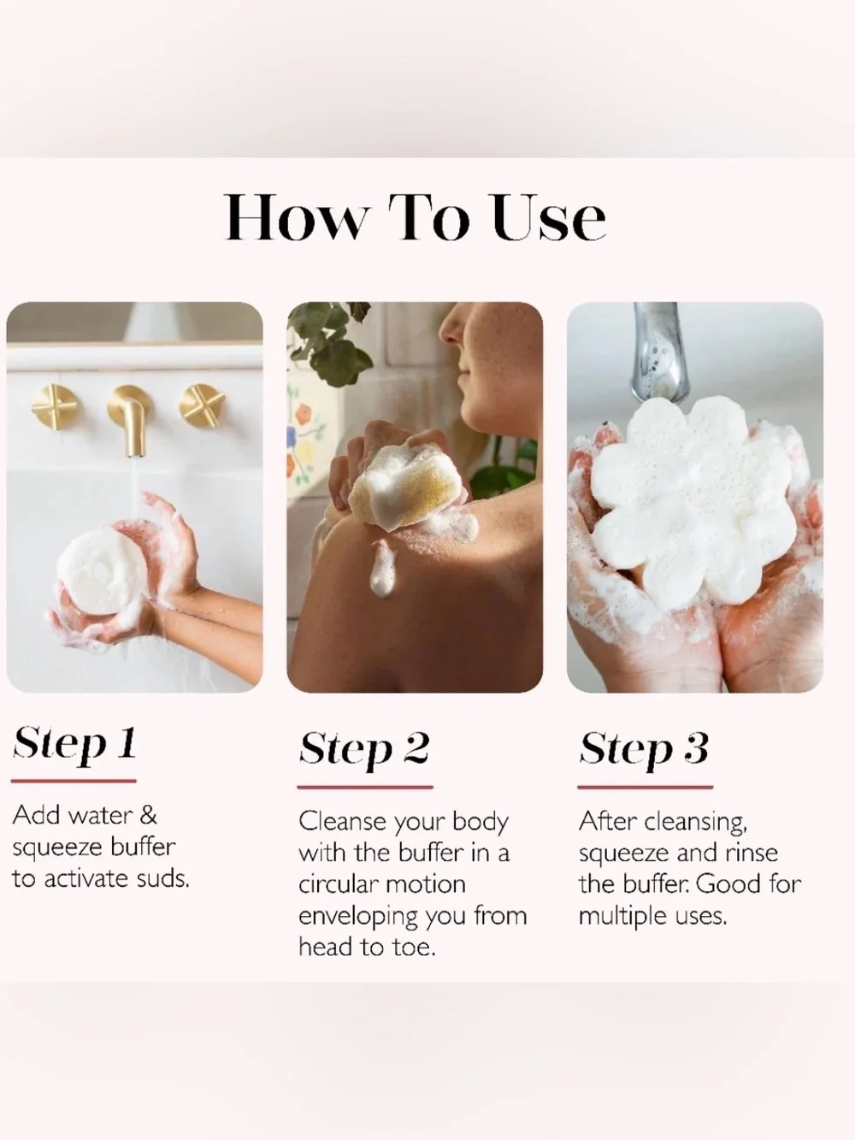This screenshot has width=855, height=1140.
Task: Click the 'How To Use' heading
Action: [416, 217]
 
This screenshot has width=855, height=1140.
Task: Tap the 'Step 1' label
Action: [74, 745]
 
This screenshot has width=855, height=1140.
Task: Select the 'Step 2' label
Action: [364, 750]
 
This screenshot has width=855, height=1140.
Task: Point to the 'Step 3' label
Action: [644, 750]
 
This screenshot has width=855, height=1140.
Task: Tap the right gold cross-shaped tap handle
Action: [203, 406]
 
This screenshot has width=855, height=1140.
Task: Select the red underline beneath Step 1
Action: [74, 781]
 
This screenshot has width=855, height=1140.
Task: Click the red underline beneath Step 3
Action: [646, 788]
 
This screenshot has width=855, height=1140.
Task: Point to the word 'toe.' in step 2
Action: [415, 948]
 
